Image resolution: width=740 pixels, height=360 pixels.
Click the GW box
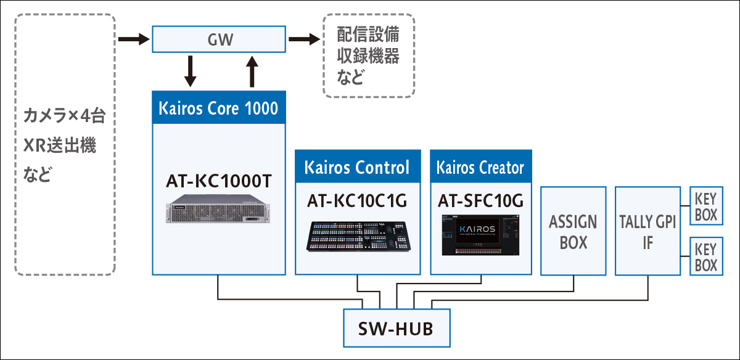pyautogui.click(x=218, y=39)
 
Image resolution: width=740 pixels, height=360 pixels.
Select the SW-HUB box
pyautogui.click(x=395, y=327)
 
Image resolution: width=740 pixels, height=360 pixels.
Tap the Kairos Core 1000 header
pyautogui.click(x=219, y=108)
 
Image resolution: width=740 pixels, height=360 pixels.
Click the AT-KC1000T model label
pyautogui.click(x=218, y=182)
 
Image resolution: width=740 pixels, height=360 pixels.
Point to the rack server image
pyautogui.click(x=218, y=213)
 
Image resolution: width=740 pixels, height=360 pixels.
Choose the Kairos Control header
pyautogui.click(x=358, y=166)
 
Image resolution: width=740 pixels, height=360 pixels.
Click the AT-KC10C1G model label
pyautogui.click(x=358, y=200)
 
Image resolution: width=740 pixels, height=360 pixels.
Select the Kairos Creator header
pyautogui.click(x=480, y=166)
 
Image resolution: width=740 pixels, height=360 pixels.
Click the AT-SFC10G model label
pyautogui.click(x=480, y=200)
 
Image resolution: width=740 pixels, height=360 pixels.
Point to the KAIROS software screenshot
pyautogui.click(x=480, y=236)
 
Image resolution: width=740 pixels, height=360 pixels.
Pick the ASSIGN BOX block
pyautogui.click(x=573, y=231)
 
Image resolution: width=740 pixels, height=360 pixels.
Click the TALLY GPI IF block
pyautogui.click(x=647, y=231)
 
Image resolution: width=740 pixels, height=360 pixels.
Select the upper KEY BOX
pyautogui.click(x=706, y=207)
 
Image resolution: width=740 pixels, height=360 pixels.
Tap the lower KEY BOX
pyautogui.click(x=706, y=257)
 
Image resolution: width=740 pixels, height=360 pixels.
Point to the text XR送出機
pyautogui.click(x=60, y=146)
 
